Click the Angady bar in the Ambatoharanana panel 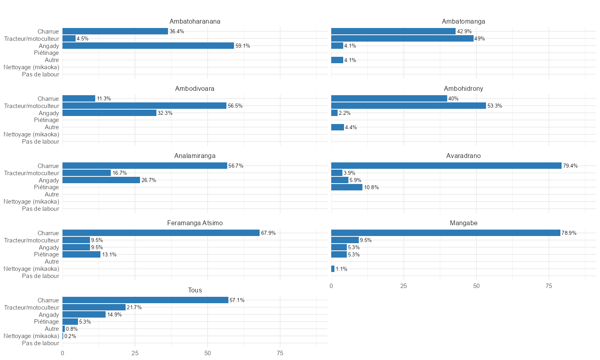[x=148, y=46]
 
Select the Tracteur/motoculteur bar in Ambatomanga [x=402, y=38]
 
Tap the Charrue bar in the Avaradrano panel [x=446, y=166]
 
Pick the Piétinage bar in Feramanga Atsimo [x=81, y=254]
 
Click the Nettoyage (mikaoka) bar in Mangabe [x=333, y=269]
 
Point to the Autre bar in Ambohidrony [x=337, y=127]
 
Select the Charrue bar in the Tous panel [x=145, y=300]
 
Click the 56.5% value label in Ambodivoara [x=235, y=106]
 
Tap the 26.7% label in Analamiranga [x=149, y=180]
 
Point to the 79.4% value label [x=570, y=166]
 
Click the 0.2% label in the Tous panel [x=70, y=336]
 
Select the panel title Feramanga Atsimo [x=195, y=223]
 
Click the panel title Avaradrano [x=464, y=156]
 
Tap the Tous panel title [x=195, y=290]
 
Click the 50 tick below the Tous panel [x=207, y=353]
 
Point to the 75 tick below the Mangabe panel [x=549, y=286]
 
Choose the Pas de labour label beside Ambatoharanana [x=40, y=74]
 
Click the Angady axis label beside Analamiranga [x=49, y=180]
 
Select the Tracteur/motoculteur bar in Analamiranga [x=86, y=173]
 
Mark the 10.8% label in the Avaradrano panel [x=371, y=188]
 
